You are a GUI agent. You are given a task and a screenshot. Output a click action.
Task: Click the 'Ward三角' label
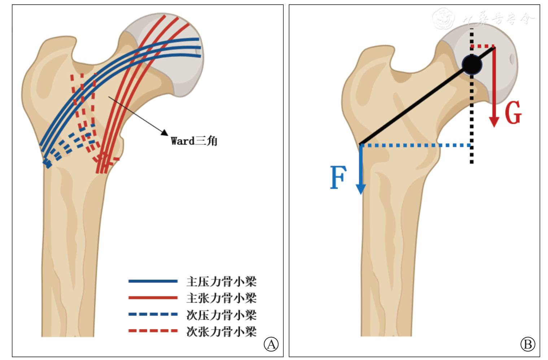click(194, 141)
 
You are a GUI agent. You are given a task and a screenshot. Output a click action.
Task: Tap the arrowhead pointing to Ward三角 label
click(165, 133)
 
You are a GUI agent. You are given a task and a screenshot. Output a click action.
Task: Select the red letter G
click(513, 113)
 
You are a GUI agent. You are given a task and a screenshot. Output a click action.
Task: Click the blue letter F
click(338, 177)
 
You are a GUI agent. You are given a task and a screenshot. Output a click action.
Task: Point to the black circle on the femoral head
click(472, 65)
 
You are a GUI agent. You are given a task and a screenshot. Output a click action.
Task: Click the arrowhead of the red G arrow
click(494, 122)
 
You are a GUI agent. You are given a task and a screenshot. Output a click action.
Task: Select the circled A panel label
click(271, 344)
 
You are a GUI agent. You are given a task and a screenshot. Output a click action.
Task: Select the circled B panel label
click(527, 344)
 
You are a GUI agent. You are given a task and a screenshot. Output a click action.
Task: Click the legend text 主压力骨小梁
click(221, 281)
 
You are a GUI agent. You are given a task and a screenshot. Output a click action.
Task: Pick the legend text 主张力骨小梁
click(221, 298)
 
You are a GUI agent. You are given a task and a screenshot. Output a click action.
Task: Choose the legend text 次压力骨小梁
click(221, 315)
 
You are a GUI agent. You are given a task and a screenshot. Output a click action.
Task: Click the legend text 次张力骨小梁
click(221, 331)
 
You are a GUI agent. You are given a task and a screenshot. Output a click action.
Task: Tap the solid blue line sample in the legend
click(153, 281)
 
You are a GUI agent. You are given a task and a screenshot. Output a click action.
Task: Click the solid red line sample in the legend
click(153, 298)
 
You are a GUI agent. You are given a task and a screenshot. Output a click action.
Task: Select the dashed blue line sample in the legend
click(153, 314)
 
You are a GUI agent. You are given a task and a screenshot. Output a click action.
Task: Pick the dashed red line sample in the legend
click(153, 330)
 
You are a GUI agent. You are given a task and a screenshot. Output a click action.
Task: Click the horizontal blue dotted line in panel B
click(415, 145)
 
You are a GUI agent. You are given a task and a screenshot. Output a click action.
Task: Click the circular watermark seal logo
click(443, 18)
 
